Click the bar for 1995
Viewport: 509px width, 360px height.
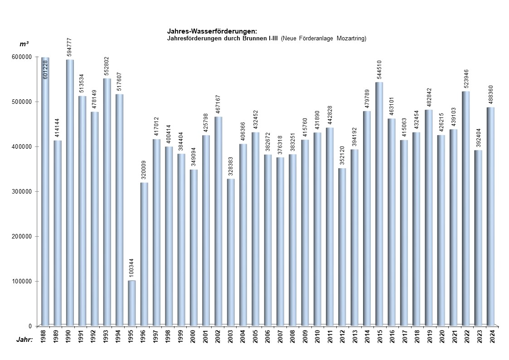132,303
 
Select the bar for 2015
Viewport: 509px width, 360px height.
379,204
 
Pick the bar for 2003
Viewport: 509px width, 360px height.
231,252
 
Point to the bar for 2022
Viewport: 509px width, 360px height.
466,209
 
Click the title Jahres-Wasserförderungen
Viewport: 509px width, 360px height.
212,31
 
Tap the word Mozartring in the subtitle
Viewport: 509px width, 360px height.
351,39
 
